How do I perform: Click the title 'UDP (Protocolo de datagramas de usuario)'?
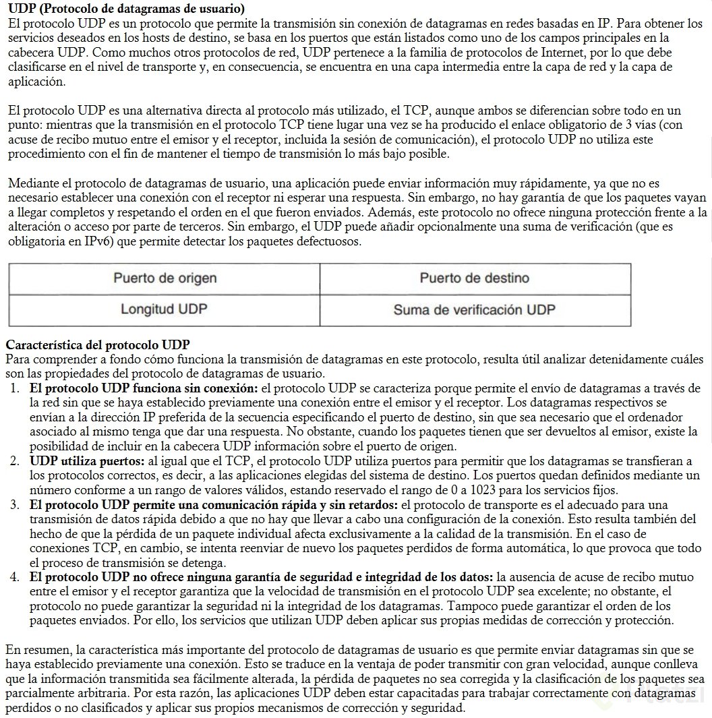[126, 9]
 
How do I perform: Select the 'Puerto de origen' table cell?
[165, 278]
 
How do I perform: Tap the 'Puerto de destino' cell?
[474, 278]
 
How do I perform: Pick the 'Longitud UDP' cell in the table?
[164, 309]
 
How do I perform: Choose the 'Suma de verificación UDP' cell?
[474, 310]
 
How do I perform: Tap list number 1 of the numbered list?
[15, 388]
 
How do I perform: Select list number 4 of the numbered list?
[15, 577]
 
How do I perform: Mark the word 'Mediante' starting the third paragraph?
[30, 183]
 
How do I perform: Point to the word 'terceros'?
[200, 227]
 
